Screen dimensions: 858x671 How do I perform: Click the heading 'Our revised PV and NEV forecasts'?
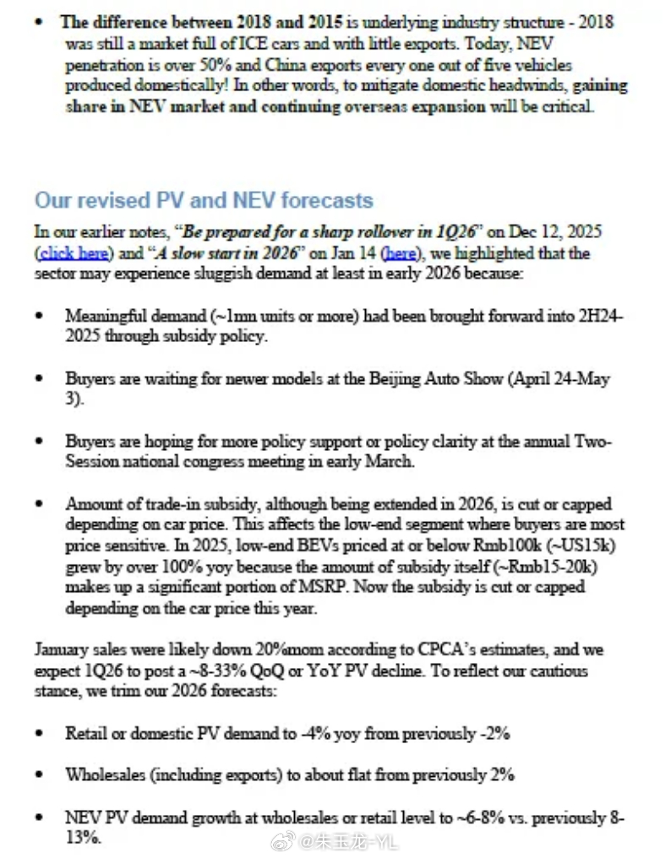pos(204,201)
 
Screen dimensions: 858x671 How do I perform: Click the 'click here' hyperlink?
pos(69,253)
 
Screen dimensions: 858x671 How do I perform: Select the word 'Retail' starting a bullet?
pos(85,733)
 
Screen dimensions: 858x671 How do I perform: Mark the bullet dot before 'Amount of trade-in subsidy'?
pos(39,504)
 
